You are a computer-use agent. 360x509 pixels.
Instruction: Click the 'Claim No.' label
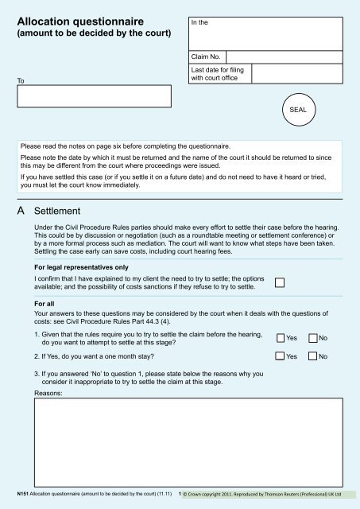pos(206,57)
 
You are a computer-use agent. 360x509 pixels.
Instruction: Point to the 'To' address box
pos(96,95)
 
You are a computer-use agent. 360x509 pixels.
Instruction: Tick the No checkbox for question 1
pos(312,338)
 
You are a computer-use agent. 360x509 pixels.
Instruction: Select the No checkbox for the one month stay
pos(312,356)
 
